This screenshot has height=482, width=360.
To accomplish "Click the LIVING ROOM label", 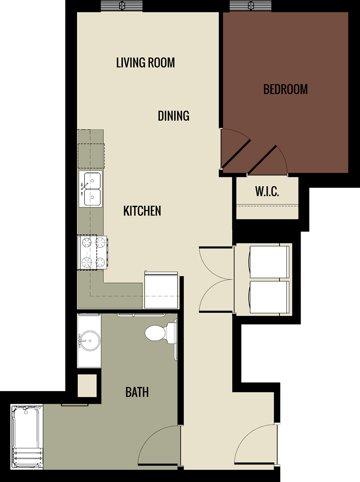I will click(145, 62).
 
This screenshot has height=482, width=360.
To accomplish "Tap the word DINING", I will click(173, 116).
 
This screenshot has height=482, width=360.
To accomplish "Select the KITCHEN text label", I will click(142, 211).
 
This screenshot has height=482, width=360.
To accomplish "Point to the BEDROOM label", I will click(285, 89).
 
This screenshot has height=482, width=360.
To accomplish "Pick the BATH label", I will click(137, 392).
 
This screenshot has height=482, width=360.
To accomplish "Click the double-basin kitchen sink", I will click(91, 189).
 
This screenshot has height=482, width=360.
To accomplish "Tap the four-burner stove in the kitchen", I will click(93, 252).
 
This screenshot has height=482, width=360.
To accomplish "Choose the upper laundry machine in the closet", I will click(269, 262).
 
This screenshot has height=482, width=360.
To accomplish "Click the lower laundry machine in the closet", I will click(269, 297).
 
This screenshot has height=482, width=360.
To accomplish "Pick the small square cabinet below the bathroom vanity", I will click(87, 386).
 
